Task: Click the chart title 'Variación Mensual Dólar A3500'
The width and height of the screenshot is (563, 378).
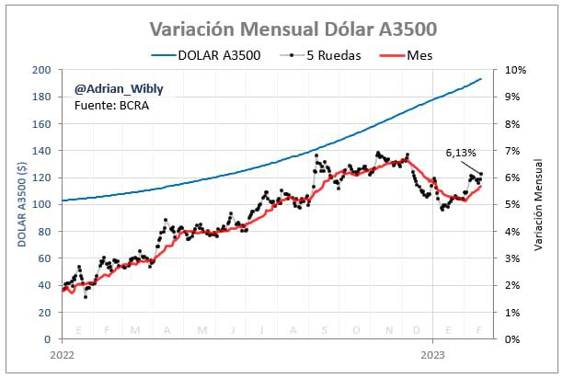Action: coord(281,29)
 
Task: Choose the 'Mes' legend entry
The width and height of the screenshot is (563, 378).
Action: coord(419,55)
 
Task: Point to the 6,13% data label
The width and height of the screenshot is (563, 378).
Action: coord(460,153)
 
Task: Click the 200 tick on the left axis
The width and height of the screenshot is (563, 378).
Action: coord(42,70)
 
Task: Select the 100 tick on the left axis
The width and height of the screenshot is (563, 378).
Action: coord(42,204)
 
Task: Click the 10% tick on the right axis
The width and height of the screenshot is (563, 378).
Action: coord(513,70)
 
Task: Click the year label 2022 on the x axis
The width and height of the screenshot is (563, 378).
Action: coord(62,354)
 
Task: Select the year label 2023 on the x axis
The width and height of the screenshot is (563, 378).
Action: coord(432,354)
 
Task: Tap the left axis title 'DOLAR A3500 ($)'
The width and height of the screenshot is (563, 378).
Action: coord(20,204)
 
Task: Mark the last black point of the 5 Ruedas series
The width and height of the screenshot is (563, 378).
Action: coord(481,174)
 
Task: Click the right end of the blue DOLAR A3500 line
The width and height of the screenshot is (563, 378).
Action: coord(481,79)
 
